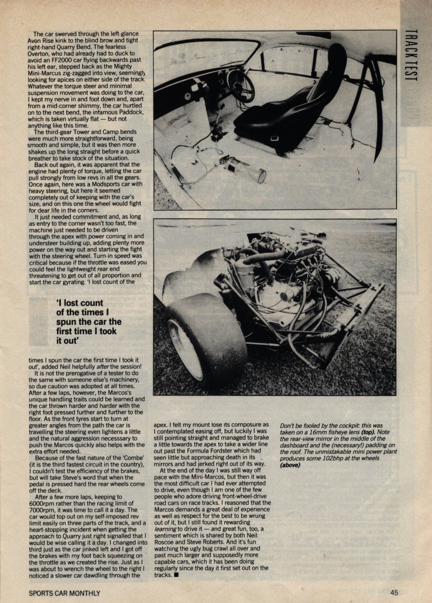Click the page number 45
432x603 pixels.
(x=394, y=593)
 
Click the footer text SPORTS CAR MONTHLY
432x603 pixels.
(x=64, y=593)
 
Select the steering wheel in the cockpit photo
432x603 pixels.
(x=240, y=85)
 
